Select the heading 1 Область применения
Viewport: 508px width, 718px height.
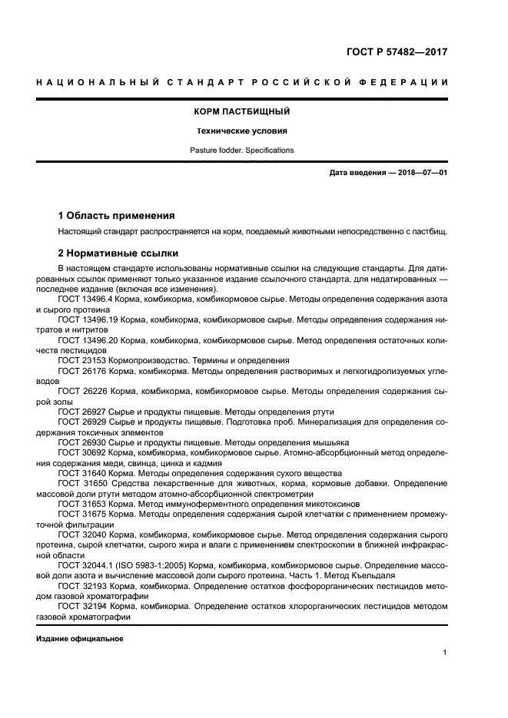point(117,216)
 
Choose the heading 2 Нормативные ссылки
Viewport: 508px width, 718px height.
point(118,253)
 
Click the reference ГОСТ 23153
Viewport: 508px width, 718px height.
point(81,360)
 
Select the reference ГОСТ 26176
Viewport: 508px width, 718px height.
point(81,370)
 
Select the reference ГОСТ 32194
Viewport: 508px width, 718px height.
point(81,606)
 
